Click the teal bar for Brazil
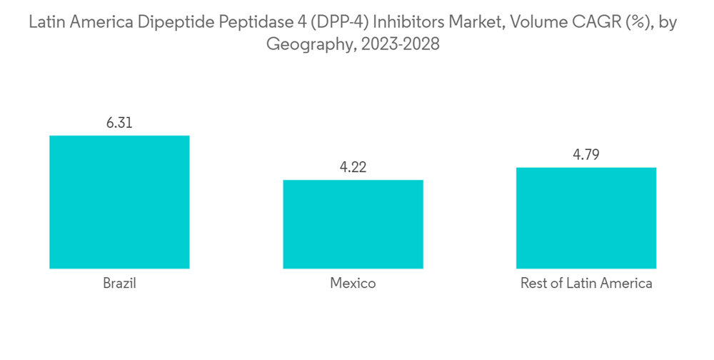pyautogui.click(x=119, y=202)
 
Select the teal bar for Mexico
pyautogui.click(x=353, y=224)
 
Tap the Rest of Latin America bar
pyautogui.click(x=586, y=218)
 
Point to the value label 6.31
pyautogui.click(x=119, y=123)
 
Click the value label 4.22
pyautogui.click(x=353, y=167)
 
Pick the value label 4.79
pyautogui.click(x=586, y=155)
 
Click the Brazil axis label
pyautogui.click(x=119, y=284)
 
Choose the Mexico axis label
pyautogui.click(x=353, y=284)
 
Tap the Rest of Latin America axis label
pyautogui.click(x=586, y=284)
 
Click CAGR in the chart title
pyautogui.click(x=595, y=23)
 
